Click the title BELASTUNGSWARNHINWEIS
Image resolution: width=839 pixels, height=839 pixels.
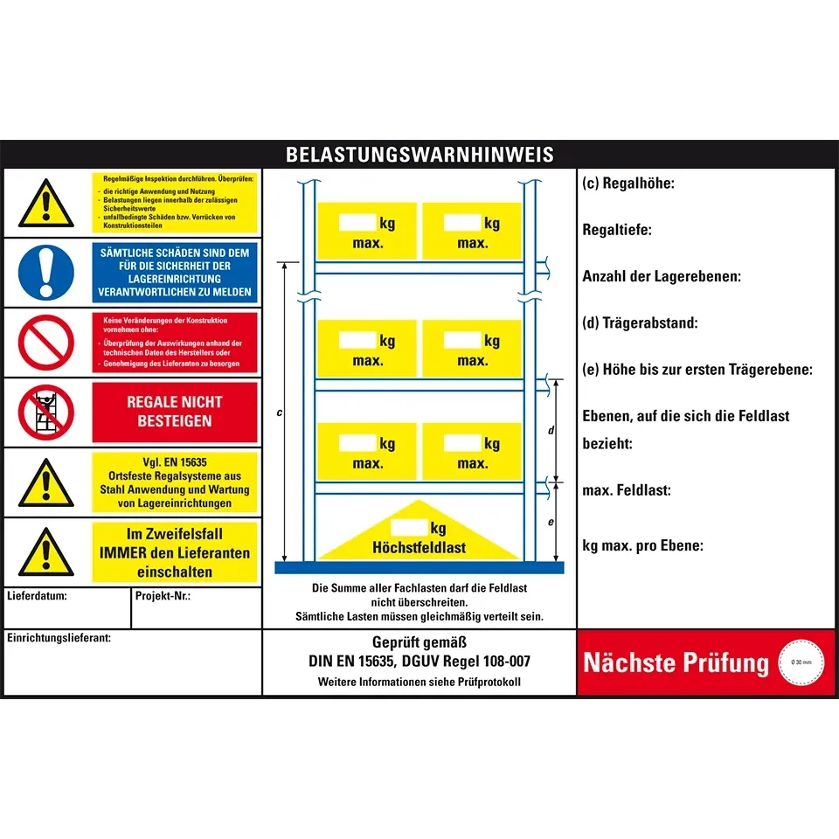[x=419, y=155]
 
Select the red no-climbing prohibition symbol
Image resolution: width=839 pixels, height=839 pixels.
[x=45, y=413]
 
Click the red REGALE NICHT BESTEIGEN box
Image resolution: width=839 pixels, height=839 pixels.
[x=175, y=412]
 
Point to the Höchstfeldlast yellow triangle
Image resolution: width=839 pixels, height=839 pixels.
[x=419, y=533]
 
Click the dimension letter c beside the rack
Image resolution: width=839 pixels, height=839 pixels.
[x=279, y=413]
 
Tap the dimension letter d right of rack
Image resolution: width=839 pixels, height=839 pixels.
[x=551, y=430]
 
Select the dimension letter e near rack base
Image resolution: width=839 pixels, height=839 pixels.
[x=551, y=521]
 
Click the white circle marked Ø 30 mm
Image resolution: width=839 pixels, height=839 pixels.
[x=801, y=662]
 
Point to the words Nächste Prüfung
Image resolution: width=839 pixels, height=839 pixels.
[x=676, y=662]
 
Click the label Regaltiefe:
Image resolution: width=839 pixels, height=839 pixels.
[x=617, y=230]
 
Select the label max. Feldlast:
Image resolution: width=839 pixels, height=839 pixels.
[x=627, y=490]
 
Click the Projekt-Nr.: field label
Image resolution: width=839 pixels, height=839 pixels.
[x=163, y=597]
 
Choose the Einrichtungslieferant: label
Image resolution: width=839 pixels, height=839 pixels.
[x=59, y=638]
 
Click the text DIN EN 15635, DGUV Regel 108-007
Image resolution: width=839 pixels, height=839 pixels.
[x=419, y=662]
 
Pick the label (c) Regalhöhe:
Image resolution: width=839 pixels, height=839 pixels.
[x=628, y=184]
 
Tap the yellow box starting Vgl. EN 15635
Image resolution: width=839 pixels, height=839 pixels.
[x=175, y=482]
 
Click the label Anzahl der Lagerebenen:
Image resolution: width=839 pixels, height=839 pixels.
[x=662, y=276]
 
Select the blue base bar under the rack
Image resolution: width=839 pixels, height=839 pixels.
[x=419, y=567]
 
